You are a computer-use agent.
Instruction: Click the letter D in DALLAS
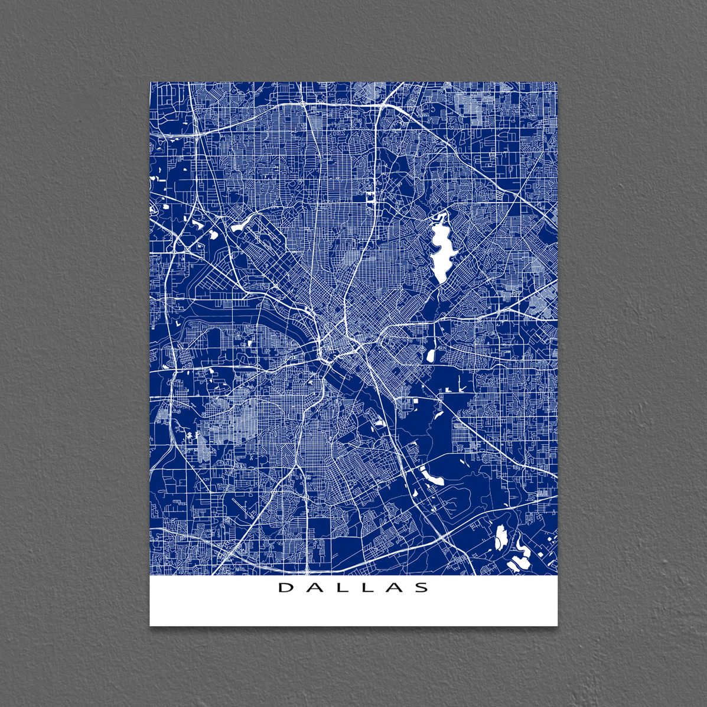pyautogui.click(x=285, y=588)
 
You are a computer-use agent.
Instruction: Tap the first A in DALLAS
pyautogui.click(x=313, y=588)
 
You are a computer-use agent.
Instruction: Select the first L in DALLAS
pyautogui.click(x=340, y=588)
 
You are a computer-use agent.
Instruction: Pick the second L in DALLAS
pyautogui.click(x=367, y=588)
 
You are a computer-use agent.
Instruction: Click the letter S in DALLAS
pyautogui.click(x=422, y=588)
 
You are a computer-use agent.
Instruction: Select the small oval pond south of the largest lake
pyautogui.click(x=430, y=356)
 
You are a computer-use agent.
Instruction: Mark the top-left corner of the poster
pyautogui.click(x=150, y=82)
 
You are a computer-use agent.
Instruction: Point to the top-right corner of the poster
pyautogui.click(x=557, y=82)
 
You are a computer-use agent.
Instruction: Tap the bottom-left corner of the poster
pyautogui.click(x=150, y=625)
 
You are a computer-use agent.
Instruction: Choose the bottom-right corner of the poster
pyautogui.click(x=557, y=625)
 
